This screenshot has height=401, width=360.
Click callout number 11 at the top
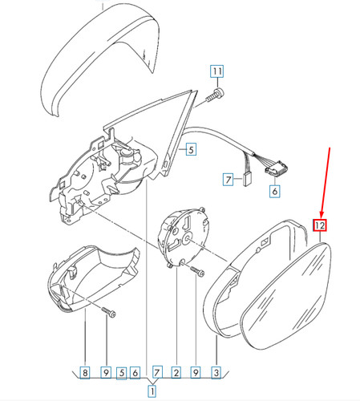click(216, 71)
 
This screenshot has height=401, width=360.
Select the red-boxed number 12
click(320, 225)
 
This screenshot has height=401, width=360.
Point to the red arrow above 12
click(326, 183)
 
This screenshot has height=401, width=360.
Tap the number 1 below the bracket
click(152, 391)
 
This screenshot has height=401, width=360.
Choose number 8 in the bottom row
click(85, 372)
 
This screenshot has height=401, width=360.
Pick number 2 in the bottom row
click(176, 372)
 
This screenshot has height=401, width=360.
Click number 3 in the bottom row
click(216, 372)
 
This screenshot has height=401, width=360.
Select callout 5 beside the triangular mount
click(191, 149)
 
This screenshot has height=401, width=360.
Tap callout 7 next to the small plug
click(228, 180)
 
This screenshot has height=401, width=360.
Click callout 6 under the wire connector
click(275, 191)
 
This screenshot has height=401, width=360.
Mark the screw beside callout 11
click(215, 96)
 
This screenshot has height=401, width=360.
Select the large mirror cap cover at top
click(100, 60)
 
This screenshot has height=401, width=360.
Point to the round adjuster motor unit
click(183, 237)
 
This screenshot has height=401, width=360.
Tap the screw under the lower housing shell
click(108, 313)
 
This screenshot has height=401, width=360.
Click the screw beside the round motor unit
click(197, 270)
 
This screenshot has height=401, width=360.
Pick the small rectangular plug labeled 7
click(246, 179)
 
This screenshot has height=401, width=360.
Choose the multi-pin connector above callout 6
click(277, 168)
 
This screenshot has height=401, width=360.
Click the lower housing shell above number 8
click(94, 278)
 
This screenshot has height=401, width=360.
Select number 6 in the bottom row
click(135, 372)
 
